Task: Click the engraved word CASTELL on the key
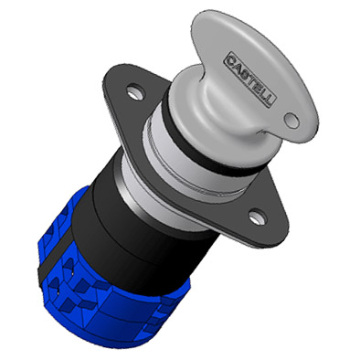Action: click(x=249, y=79)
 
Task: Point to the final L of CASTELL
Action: click(x=269, y=100)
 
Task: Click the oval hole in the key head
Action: click(x=291, y=121)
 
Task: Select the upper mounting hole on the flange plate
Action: click(x=134, y=91)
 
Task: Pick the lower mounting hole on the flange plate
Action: click(x=258, y=217)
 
